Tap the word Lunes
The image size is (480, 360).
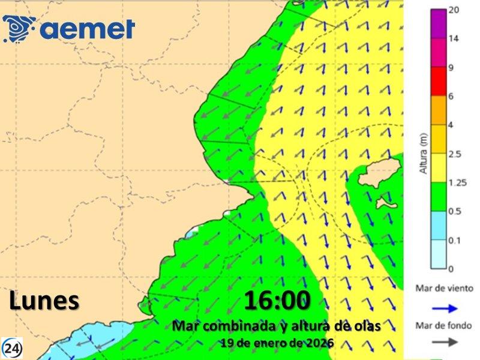(x=44, y=301)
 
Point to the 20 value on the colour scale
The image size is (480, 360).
(x=454, y=11)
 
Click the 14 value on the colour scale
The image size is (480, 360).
(x=454, y=38)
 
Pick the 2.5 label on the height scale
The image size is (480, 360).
(x=456, y=154)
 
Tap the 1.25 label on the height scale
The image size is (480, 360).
(x=458, y=183)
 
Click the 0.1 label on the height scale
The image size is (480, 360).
(x=455, y=240)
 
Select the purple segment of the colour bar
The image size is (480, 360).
(x=439, y=24)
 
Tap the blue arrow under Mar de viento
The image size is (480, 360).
(x=445, y=309)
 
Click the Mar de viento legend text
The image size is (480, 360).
(x=444, y=289)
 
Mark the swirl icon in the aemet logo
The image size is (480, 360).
(x=19, y=28)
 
